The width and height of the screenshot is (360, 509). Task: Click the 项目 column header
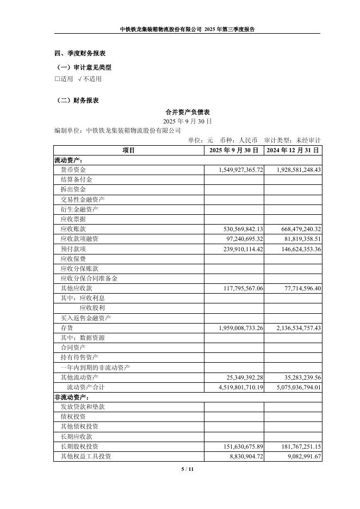[x=128, y=150]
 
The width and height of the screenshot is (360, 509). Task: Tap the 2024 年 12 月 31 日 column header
[x=293, y=150]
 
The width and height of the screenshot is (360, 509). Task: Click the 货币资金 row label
[x=73, y=170]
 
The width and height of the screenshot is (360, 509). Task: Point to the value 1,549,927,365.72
[x=241, y=170]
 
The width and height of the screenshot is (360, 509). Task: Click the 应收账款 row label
[x=73, y=229]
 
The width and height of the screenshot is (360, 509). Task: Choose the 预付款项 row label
[x=73, y=249]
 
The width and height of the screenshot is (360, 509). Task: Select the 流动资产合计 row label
[x=85, y=387]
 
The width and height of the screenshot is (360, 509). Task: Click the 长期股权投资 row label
[x=79, y=446]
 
